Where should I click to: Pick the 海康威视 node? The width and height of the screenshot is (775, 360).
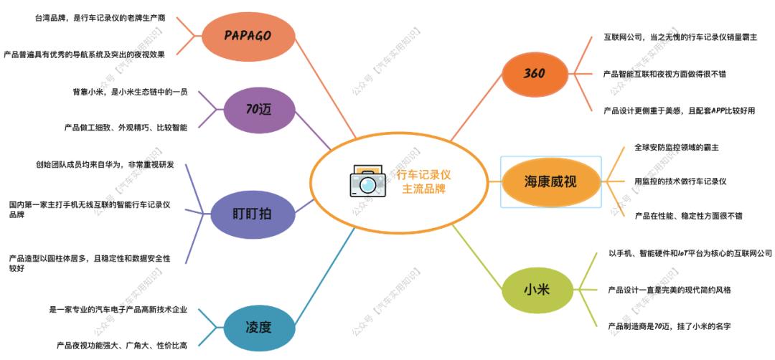pos(550,181)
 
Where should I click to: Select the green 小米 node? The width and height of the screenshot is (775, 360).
pos(536,290)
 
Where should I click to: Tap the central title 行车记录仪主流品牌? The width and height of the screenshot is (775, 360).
pos(426,182)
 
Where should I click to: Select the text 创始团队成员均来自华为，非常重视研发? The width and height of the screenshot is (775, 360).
pos(105,166)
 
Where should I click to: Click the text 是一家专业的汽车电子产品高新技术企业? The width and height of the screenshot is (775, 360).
pos(118,310)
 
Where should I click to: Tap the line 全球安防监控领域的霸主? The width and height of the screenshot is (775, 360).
pos(677,147)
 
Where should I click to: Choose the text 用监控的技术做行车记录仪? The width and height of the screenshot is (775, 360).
pos(680,181)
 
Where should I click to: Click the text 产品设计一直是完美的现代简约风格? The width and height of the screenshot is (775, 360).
pos(670,290)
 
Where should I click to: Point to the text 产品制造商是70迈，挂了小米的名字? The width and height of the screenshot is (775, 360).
pos(669,326)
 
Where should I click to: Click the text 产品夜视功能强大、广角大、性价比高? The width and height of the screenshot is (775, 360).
pos(122,346)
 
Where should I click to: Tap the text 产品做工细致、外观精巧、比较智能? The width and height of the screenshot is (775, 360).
pos(126,128)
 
